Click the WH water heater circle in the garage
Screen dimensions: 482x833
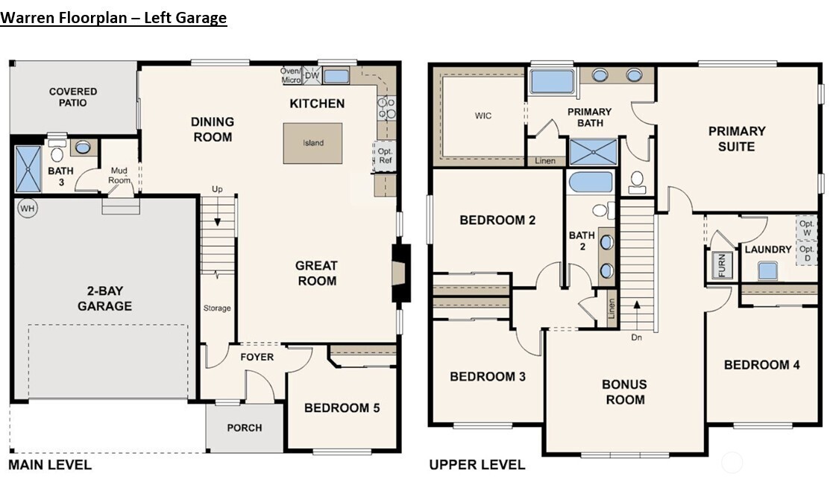click(27, 208)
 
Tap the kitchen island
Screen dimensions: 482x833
click(312, 143)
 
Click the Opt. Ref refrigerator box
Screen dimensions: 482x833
click(385, 156)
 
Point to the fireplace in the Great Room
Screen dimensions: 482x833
click(400, 273)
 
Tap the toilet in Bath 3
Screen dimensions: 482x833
click(57, 153)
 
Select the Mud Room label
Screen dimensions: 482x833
click(119, 175)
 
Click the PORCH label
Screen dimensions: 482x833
click(245, 428)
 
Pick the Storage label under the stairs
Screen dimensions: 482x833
click(217, 308)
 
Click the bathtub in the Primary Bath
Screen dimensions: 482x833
click(552, 81)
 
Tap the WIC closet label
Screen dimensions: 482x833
click(484, 116)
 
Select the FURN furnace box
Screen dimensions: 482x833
click(721, 265)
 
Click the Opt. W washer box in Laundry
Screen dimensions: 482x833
click(806, 228)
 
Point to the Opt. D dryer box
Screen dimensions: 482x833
click(806, 253)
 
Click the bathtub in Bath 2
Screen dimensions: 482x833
click(590, 183)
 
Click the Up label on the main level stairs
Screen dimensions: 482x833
click(218, 188)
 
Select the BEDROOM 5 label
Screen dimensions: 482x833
click(342, 408)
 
